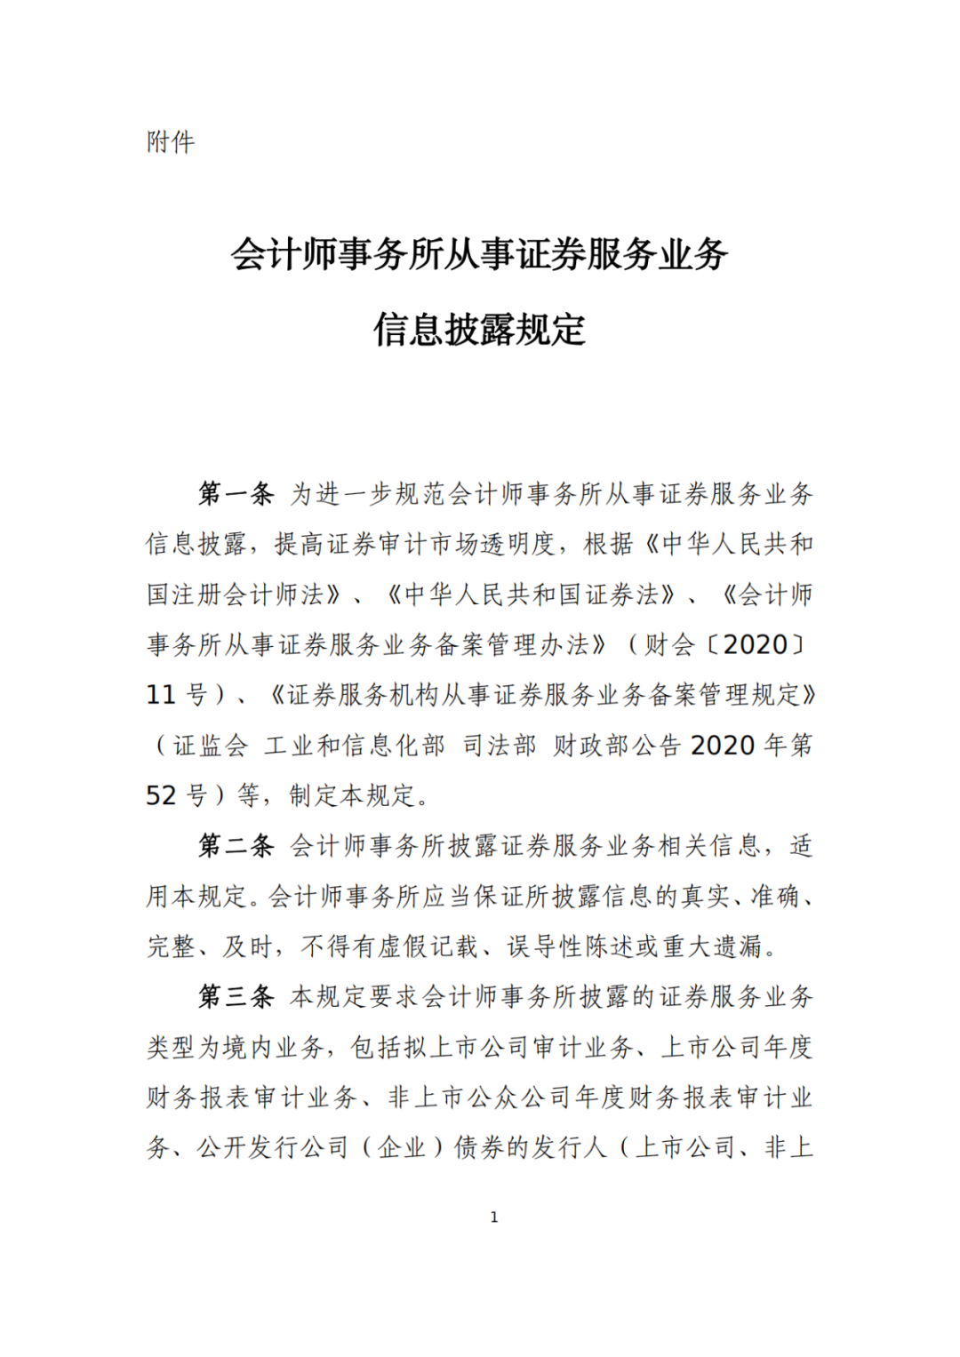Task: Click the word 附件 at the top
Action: [171, 142]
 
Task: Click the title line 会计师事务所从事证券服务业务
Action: [480, 255]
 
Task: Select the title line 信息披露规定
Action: [480, 330]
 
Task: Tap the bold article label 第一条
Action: [236, 494]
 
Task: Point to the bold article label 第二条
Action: [236, 846]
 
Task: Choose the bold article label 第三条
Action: [236, 997]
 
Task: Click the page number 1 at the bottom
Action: [494, 1217]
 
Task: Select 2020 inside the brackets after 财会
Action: [756, 645]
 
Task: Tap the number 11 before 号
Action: [162, 695]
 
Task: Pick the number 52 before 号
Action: [162, 795]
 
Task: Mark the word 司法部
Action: [500, 746]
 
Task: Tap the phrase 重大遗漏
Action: [713, 946]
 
